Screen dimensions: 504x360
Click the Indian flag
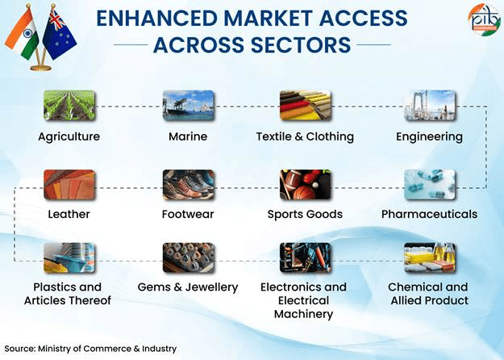tap(22, 33)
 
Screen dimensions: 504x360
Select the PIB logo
tap(485, 19)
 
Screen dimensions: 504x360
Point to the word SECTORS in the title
tap(300, 44)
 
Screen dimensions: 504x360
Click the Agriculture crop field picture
tap(69, 106)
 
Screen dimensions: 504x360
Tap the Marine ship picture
tap(188, 106)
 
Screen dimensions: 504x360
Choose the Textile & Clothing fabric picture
tap(305, 106)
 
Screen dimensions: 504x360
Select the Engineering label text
tap(430, 137)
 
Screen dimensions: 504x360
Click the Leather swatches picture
tap(69, 185)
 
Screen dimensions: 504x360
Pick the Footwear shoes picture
tap(188, 185)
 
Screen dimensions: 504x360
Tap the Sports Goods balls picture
tap(305, 185)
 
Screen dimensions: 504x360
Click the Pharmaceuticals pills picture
tap(430, 185)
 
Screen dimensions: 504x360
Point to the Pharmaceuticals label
tap(430, 214)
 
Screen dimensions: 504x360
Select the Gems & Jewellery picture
tap(188, 257)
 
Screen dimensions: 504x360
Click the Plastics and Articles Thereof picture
tap(69, 257)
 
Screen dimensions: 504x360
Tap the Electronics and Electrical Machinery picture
tap(305, 257)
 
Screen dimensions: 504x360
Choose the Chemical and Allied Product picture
tap(430, 257)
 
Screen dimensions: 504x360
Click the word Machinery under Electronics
tap(303, 314)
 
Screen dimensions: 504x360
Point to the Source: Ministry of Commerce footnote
tap(90, 349)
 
